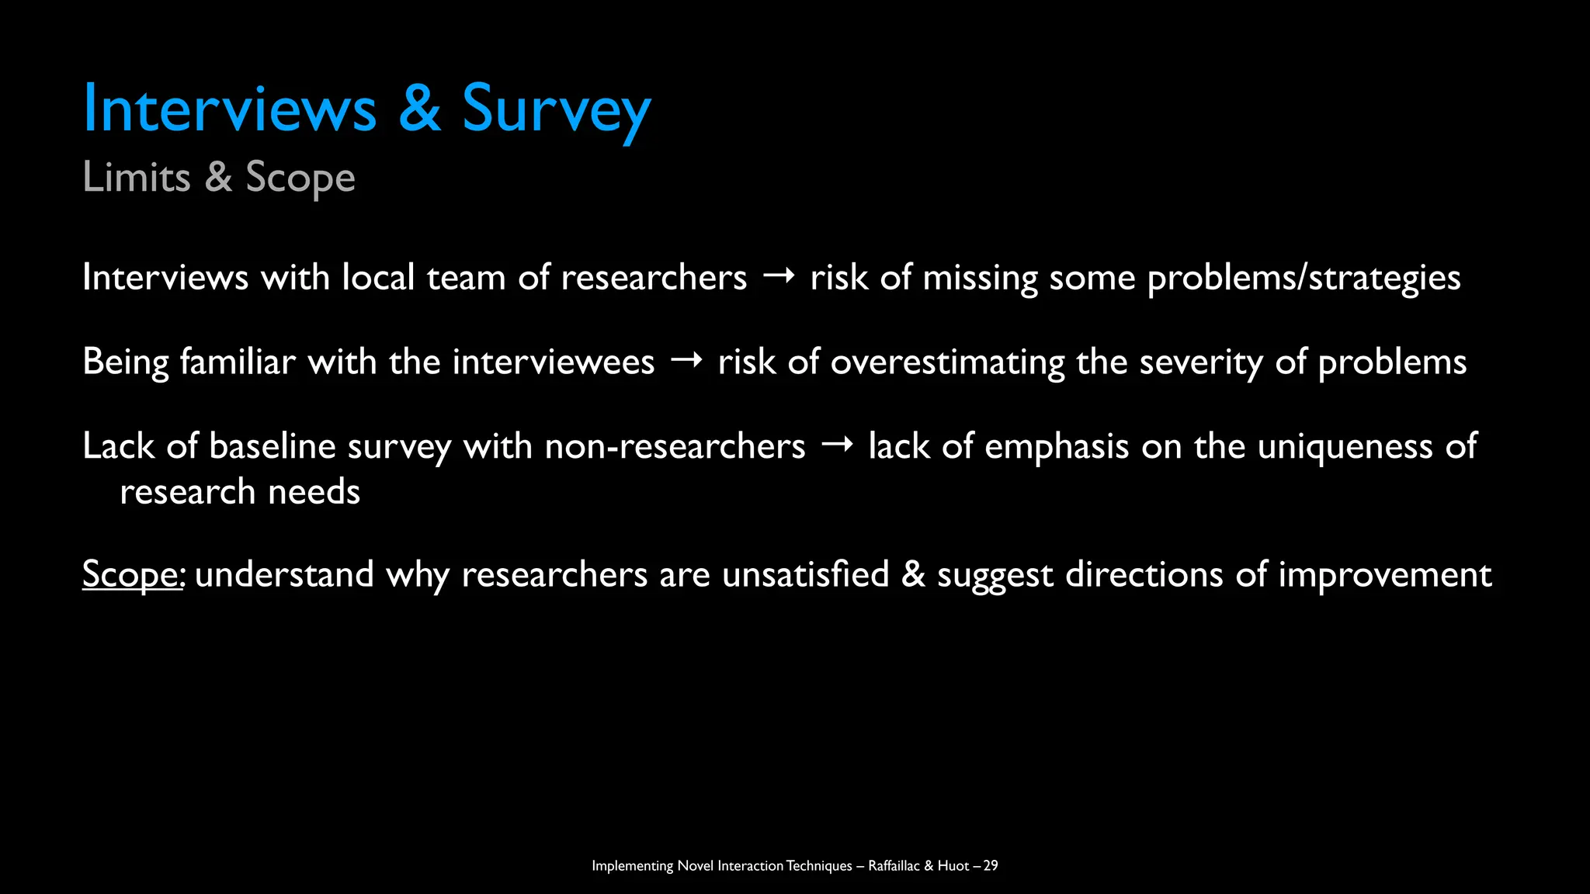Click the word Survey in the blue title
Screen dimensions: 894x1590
[x=556, y=109]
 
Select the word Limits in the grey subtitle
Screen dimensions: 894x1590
[x=137, y=177]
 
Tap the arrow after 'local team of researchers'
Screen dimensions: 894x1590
[x=779, y=277]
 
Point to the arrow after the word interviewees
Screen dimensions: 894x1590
[x=686, y=361]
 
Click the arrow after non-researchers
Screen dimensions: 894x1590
[x=837, y=445]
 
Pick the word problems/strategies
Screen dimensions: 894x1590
[x=1304, y=278]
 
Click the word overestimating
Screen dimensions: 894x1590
[x=947, y=362]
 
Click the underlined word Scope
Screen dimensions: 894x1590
[x=130, y=575]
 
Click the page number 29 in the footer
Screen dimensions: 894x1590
[x=990, y=866]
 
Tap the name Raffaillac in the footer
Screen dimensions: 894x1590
[x=893, y=866]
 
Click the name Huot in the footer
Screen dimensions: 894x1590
[x=953, y=866]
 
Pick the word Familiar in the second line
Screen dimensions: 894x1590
[x=238, y=362]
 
